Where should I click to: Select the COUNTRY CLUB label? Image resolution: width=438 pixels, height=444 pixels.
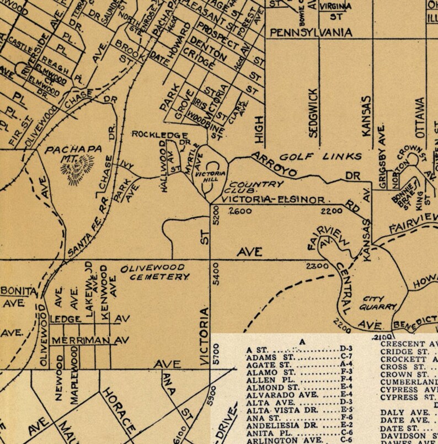(x=248, y=187)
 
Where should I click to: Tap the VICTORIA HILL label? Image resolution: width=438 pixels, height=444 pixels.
(x=211, y=176)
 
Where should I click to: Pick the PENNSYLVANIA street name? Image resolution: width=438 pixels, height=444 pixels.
(x=311, y=33)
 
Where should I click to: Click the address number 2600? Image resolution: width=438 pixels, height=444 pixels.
(x=240, y=211)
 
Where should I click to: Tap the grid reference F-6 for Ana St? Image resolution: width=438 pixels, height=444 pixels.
(x=346, y=417)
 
